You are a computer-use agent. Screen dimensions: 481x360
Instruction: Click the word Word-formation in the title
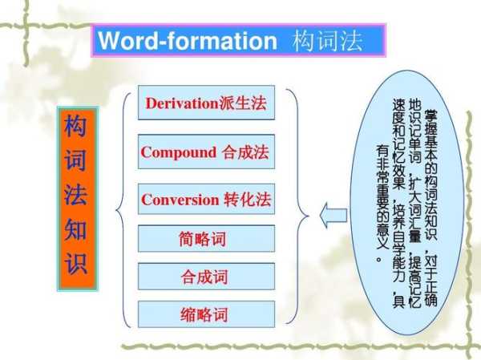click(188, 41)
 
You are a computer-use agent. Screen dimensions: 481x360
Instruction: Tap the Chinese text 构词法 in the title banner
click(327, 41)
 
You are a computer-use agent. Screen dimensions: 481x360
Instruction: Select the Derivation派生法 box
click(206, 103)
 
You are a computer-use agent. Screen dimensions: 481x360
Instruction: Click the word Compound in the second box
click(179, 152)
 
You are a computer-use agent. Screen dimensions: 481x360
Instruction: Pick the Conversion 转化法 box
click(206, 199)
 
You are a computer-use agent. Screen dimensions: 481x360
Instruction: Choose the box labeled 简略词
click(206, 238)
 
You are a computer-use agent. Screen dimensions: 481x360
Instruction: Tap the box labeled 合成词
click(206, 277)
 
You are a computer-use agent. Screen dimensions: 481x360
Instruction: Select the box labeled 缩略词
click(206, 314)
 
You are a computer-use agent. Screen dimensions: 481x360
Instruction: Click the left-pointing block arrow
click(333, 216)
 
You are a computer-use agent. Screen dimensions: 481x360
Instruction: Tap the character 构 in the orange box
click(75, 125)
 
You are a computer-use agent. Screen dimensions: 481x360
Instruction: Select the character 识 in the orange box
click(76, 263)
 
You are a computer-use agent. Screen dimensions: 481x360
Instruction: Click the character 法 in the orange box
click(75, 194)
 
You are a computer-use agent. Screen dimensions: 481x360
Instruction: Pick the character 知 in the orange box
click(75, 229)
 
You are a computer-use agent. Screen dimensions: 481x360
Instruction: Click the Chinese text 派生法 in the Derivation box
click(243, 103)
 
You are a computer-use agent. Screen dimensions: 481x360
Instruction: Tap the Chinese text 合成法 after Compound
click(245, 152)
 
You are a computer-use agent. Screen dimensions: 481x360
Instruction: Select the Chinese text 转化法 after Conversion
click(247, 200)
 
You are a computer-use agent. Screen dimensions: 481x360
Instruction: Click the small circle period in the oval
click(378, 260)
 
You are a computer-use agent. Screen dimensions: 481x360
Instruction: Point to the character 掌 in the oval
click(430, 116)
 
